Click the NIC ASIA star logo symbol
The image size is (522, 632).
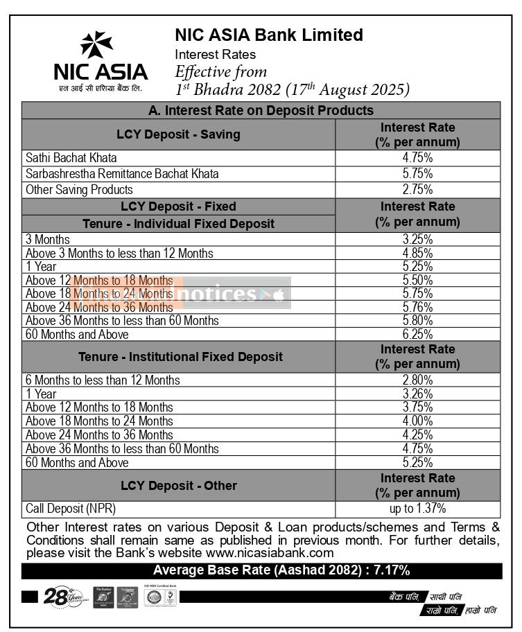coord(96,46)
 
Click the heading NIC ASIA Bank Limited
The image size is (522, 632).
coord(268,35)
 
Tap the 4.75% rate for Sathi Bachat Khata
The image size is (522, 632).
coord(417,158)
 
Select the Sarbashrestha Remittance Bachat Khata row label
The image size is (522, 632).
coord(122,174)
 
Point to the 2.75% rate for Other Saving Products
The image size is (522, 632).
coord(417,190)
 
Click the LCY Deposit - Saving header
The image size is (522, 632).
coord(178,134)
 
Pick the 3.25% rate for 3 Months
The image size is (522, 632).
coord(417,240)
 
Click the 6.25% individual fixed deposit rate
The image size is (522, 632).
coord(417,335)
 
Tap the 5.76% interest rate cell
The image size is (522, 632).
coord(417,307)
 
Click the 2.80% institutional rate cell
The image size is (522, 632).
coord(417,380)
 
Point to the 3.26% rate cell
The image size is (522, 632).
coord(417,394)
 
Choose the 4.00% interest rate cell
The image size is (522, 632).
coord(417,421)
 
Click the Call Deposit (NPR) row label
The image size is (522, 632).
coord(66,509)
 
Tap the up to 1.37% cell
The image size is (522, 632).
coord(417,509)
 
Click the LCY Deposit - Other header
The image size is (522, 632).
coord(178,486)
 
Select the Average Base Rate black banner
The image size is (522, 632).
coord(261,571)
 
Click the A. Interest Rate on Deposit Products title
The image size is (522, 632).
coord(261,110)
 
